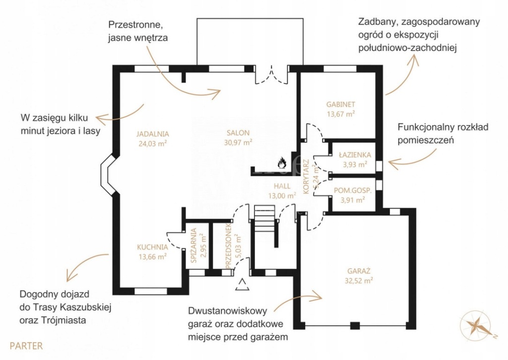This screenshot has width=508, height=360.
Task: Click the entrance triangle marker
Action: pos(243,285)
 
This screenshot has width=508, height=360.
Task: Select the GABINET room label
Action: pos(341,105)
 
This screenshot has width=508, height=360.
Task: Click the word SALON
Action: pos(238,133)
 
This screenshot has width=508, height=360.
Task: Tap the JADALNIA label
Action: pos(153,134)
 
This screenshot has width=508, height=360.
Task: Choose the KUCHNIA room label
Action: pos(152,247)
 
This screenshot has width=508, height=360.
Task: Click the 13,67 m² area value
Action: pos(341,114)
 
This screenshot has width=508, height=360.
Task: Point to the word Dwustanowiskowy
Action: pos(228,311)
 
